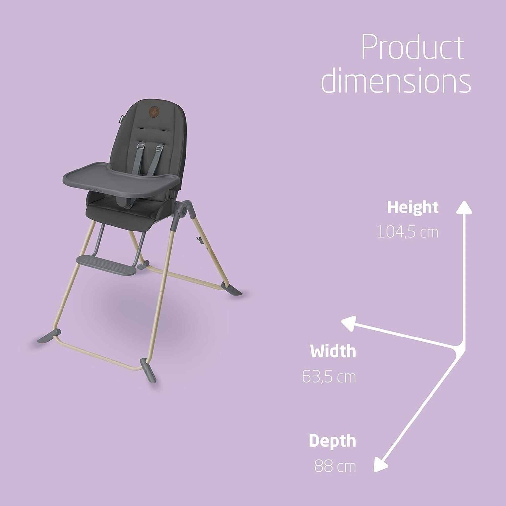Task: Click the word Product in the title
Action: pos(413,48)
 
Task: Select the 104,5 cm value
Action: pos(407,232)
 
